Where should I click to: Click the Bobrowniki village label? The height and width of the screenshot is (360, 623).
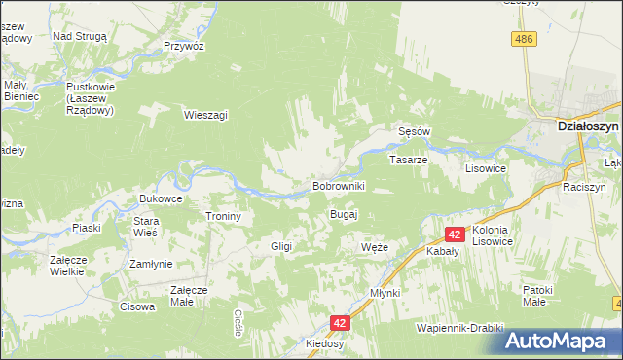(x=338, y=185)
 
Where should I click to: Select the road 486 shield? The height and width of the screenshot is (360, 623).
(x=524, y=38)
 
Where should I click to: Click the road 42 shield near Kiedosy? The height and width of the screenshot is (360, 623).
(x=339, y=322)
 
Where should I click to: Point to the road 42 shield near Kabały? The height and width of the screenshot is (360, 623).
(x=455, y=234)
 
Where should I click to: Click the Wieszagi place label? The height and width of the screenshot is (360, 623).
(x=205, y=115)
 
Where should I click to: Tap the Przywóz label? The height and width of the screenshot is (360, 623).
(x=183, y=46)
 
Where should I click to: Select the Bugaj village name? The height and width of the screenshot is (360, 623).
(x=345, y=214)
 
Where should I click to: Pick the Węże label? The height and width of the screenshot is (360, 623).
(x=374, y=248)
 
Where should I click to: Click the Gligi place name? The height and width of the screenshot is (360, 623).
(x=281, y=247)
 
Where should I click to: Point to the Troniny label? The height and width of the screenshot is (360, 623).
(x=223, y=216)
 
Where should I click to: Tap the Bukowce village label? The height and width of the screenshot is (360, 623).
(x=161, y=198)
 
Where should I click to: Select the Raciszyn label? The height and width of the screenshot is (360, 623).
(x=584, y=185)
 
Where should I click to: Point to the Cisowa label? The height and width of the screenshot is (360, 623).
(x=137, y=307)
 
